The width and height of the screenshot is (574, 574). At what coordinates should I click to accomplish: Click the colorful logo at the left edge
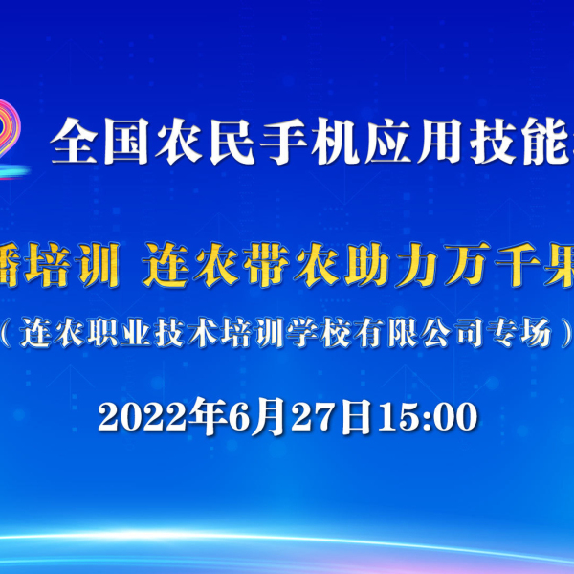(11, 139)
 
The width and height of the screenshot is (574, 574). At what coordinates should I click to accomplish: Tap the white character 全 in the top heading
(74, 141)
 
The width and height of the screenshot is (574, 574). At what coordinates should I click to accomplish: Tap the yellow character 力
(416, 264)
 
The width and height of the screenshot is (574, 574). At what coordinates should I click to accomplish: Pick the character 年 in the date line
(211, 416)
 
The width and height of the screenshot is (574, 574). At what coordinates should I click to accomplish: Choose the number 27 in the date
(314, 417)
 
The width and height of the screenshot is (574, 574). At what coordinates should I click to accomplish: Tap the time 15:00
(428, 417)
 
